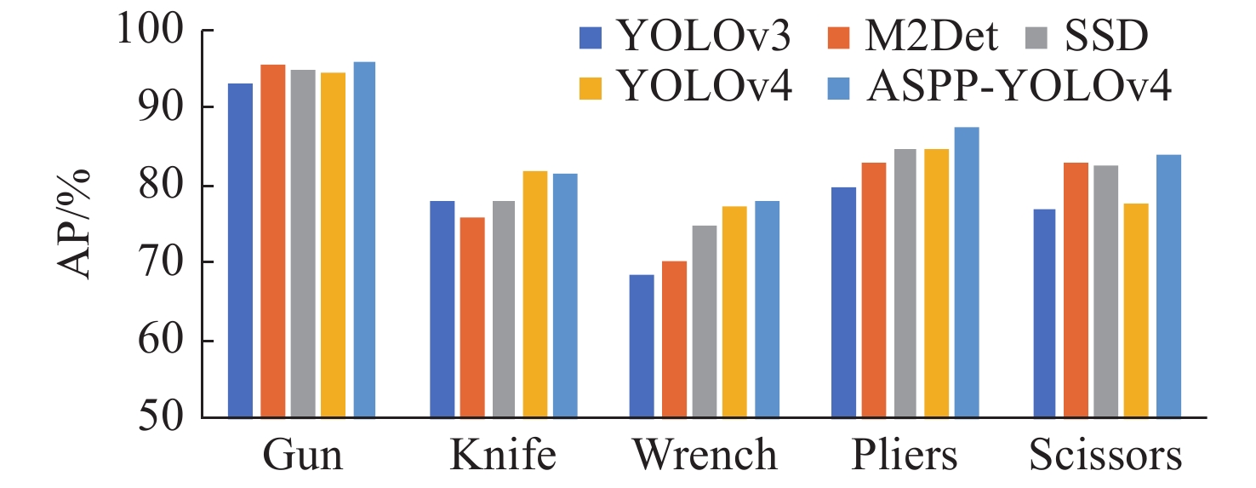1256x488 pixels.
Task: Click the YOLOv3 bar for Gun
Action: pos(240,250)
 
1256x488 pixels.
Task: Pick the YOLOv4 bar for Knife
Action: pos(534,295)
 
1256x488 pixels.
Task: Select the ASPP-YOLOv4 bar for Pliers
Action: pos(967,273)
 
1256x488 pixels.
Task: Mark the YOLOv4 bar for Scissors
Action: pos(1136,311)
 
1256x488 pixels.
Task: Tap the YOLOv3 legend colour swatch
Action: pos(589,37)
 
